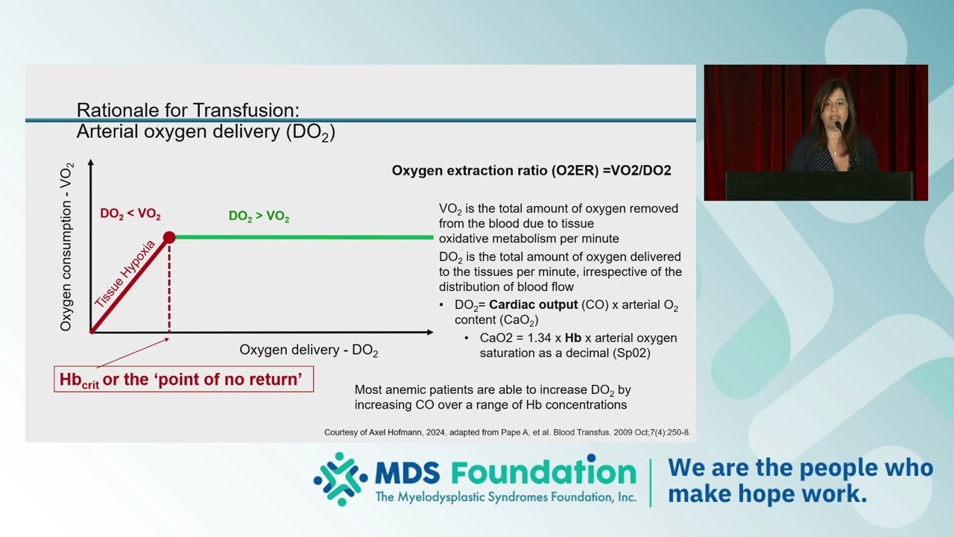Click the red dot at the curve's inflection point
169,237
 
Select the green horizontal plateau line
304,237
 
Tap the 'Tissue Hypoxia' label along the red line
124,274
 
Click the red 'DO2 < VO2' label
130,214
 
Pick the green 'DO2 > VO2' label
259,216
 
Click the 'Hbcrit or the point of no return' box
183,379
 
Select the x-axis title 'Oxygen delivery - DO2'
309,351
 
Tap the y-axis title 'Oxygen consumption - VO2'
66,247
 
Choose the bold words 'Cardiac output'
533,305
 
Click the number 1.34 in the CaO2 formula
540,338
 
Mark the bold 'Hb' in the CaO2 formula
573,338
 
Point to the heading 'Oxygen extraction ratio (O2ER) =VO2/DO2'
531,171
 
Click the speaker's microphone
838,125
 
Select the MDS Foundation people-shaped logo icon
341,479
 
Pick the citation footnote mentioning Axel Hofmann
508,432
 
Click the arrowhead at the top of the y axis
90,162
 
